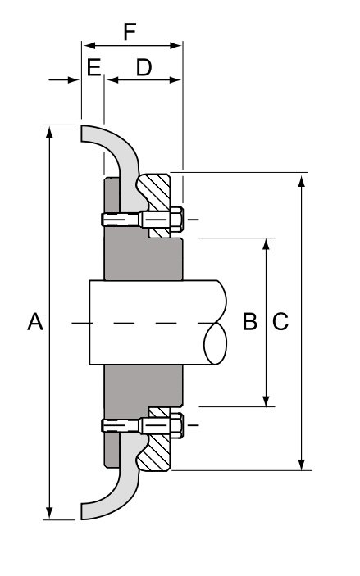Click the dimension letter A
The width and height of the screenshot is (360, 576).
34,322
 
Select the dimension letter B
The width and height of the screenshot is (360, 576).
250,322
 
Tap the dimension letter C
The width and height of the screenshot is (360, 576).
280,322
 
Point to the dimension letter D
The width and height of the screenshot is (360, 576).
144,68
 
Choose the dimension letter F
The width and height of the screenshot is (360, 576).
130,32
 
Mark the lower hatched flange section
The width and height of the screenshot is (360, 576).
156,451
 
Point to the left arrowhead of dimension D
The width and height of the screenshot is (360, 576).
110,79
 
